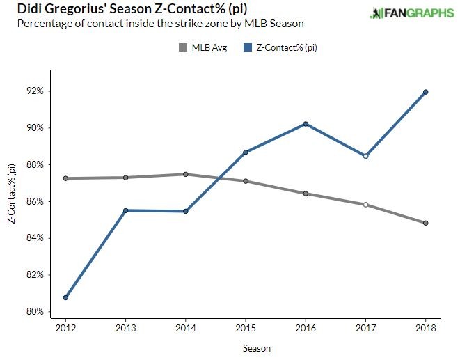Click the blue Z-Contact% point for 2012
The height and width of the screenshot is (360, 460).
pyautogui.click(x=65, y=297)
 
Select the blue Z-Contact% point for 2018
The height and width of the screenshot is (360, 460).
pyautogui.click(x=425, y=92)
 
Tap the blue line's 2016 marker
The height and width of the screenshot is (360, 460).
pyautogui.click(x=306, y=124)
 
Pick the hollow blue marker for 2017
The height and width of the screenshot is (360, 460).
pyautogui.click(x=365, y=156)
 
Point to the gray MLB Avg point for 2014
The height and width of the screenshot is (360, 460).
pyautogui.click(x=186, y=174)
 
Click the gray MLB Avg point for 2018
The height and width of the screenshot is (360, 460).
pyautogui.click(x=425, y=223)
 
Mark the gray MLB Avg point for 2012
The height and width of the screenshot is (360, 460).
pyautogui.click(x=65, y=178)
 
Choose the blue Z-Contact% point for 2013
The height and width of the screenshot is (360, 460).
pyautogui.click(x=125, y=210)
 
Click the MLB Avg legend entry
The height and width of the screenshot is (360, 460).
pyautogui.click(x=203, y=48)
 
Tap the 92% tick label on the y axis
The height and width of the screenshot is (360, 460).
pyautogui.click(x=35, y=91)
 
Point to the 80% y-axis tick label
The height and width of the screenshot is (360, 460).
pyautogui.click(x=35, y=311)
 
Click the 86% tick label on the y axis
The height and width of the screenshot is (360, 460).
pyautogui.click(x=35, y=201)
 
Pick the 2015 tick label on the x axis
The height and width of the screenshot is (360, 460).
pyautogui.click(x=246, y=328)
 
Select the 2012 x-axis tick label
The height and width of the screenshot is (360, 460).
pyautogui.click(x=65, y=328)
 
